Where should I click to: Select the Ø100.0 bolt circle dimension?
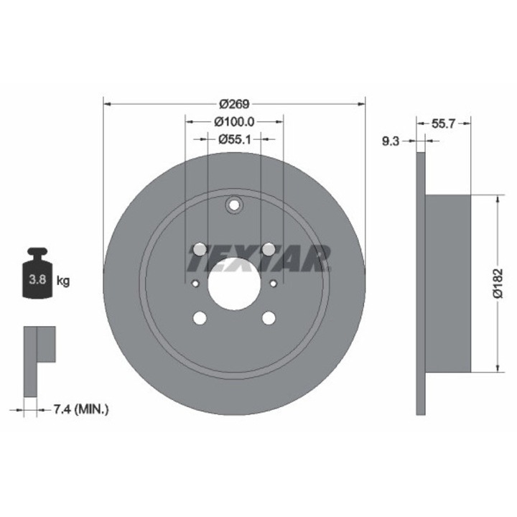[x=234, y=123]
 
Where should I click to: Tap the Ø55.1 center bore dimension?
[x=234, y=139]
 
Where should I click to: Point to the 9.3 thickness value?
[x=391, y=142]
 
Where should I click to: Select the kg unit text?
[x=62, y=281]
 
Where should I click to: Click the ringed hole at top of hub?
[x=234, y=206]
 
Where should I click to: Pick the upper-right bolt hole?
[x=269, y=249]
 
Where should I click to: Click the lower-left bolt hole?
[x=200, y=317]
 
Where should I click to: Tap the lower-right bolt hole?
[x=269, y=317]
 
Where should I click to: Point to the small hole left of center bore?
[x=194, y=283]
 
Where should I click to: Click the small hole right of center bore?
[x=274, y=283]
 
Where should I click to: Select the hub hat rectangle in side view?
[x=448, y=283]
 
